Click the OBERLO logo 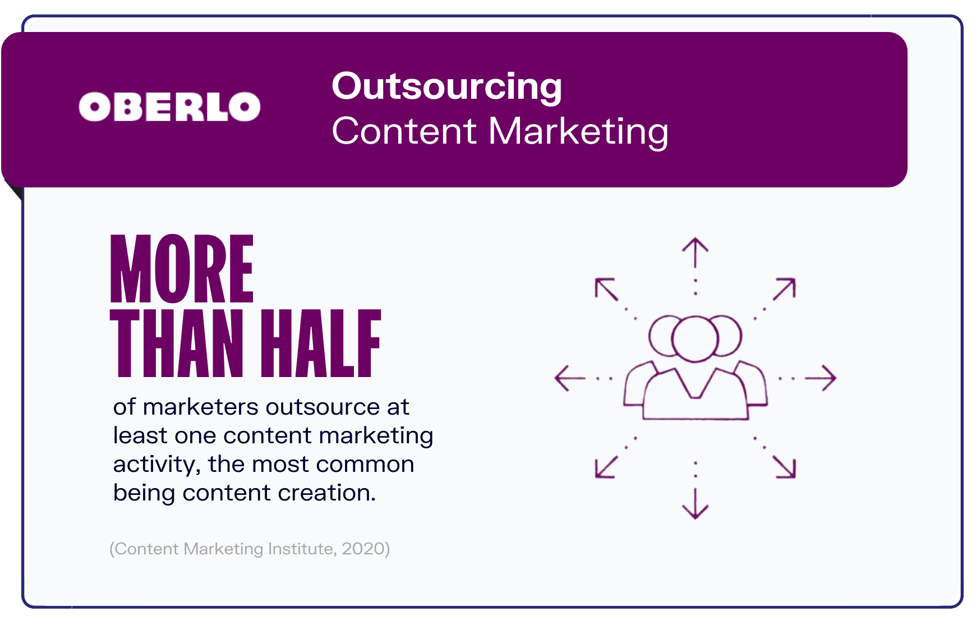169,107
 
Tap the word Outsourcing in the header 447,88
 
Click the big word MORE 182,269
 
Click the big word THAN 177,343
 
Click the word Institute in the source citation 300,548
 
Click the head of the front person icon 695,318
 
